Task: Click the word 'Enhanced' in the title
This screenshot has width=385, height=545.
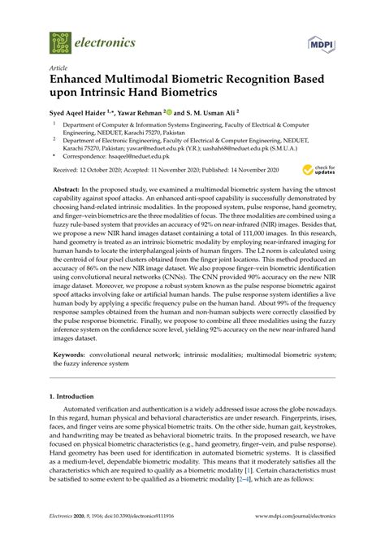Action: pyautogui.click(x=80, y=82)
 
